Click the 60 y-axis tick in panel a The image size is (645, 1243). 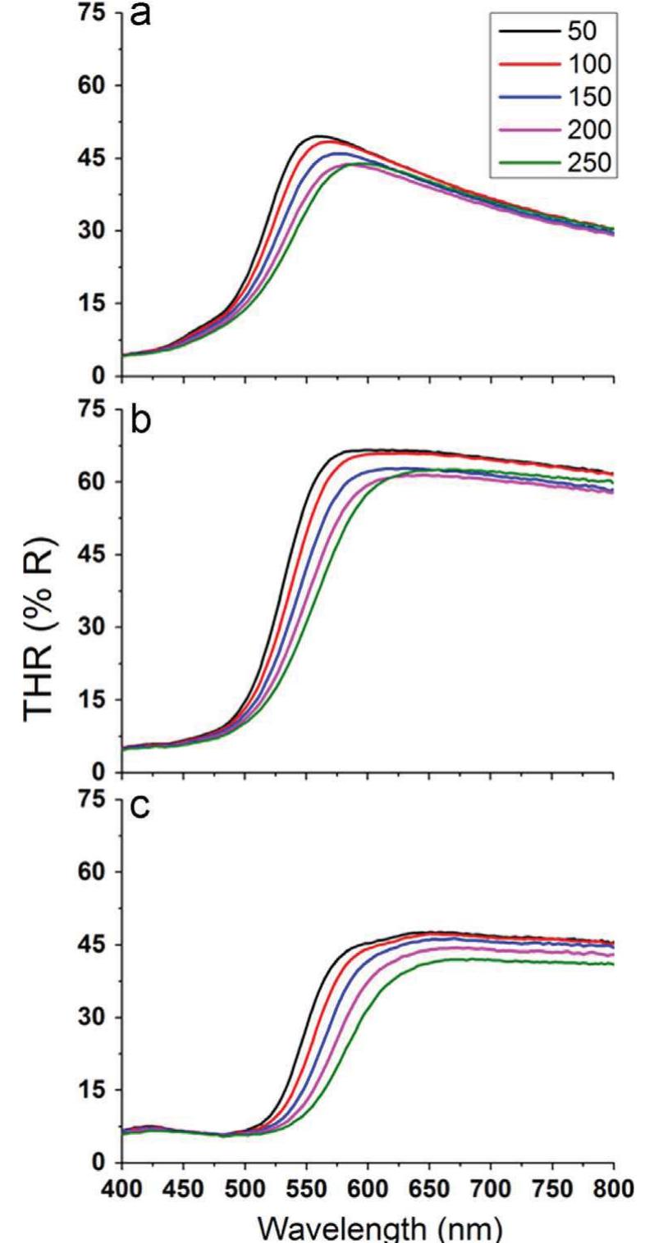91,85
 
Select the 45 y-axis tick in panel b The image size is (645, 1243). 91,554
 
